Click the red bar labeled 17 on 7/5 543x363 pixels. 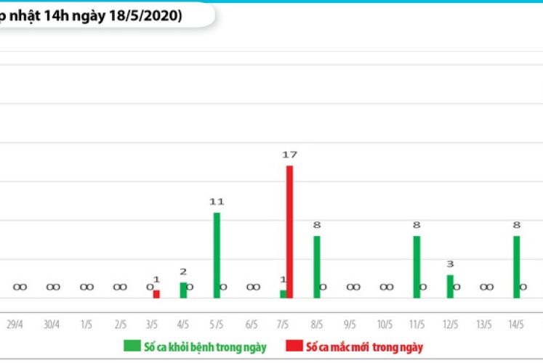(289, 232)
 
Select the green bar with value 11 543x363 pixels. (217, 255)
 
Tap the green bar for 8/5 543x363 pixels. (317, 266)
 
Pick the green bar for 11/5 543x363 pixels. (417, 266)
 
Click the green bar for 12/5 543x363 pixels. (450, 286)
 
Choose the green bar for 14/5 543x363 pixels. (517, 266)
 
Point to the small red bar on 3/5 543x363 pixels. (156, 294)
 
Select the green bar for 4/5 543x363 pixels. (183, 290)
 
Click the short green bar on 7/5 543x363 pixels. (283, 294)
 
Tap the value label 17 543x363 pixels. (289, 155)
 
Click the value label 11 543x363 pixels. (217, 202)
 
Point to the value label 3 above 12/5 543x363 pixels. (450, 264)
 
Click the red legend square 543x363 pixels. (294, 346)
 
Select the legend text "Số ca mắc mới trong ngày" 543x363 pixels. (365, 347)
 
